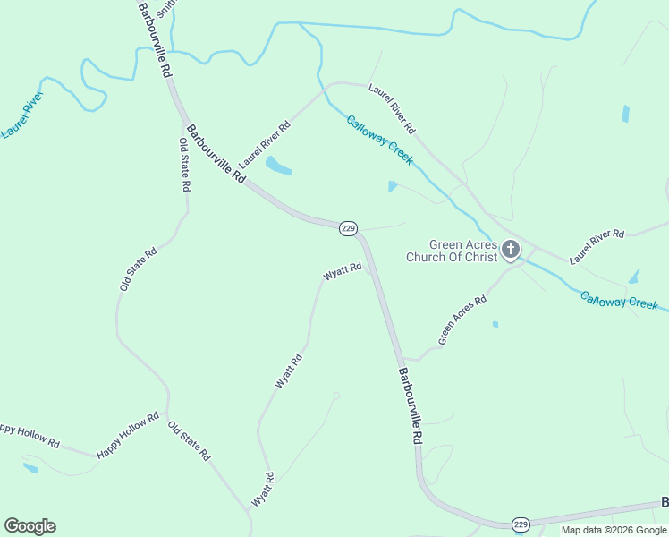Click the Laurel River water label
[22, 114]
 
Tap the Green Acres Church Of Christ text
[462, 251]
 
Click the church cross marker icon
[511, 250]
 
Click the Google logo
[30, 526]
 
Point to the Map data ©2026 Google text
[614, 530]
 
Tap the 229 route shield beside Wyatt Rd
[349, 229]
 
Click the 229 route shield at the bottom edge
[521, 524]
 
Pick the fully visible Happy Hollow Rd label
[128, 435]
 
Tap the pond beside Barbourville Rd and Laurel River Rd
[279, 166]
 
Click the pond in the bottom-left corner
[30, 467]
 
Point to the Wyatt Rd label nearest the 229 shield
[343, 271]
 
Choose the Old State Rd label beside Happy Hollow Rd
[190, 439]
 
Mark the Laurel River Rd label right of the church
[597, 246]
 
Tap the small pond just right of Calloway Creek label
[393, 186]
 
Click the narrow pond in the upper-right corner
[625, 114]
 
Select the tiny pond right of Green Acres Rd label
[495, 325]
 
